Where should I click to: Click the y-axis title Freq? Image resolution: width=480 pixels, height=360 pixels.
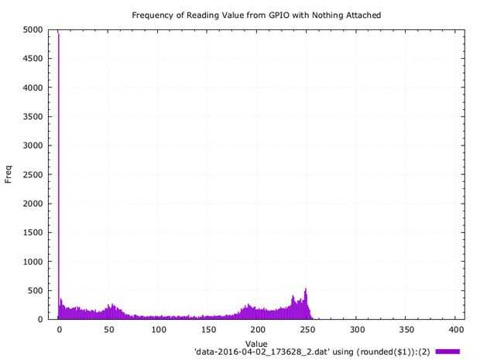tap(9, 175)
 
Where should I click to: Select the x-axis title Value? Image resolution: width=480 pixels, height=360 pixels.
tap(256, 343)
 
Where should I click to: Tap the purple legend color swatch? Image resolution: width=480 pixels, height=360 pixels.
tap(447, 351)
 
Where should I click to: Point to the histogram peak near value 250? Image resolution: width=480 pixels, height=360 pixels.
tap(307, 291)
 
